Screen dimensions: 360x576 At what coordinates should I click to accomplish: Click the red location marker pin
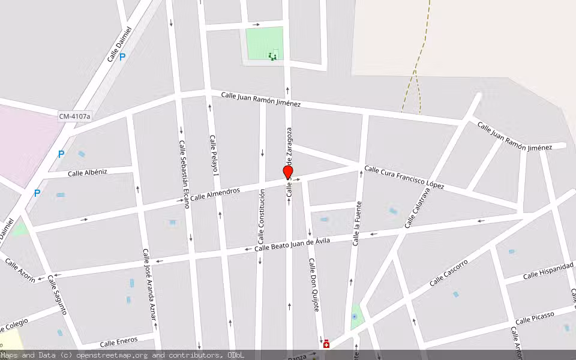(x=288, y=172)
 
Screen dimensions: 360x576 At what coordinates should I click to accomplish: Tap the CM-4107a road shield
(x=74, y=115)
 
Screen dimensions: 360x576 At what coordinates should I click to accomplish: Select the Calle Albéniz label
(x=87, y=173)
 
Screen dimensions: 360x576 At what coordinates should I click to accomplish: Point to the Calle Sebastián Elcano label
(x=184, y=174)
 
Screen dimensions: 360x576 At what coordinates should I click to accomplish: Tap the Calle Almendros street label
(x=215, y=194)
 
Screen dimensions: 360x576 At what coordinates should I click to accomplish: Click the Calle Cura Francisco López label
(x=404, y=178)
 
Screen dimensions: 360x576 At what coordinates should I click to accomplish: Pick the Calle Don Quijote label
(x=313, y=285)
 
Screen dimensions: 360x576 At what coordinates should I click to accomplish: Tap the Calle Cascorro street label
(x=448, y=272)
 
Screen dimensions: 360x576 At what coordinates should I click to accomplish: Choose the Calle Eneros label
(x=119, y=343)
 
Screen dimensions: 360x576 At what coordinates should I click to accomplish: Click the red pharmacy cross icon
(x=326, y=344)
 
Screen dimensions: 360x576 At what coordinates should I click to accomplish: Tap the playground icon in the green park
(x=272, y=56)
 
